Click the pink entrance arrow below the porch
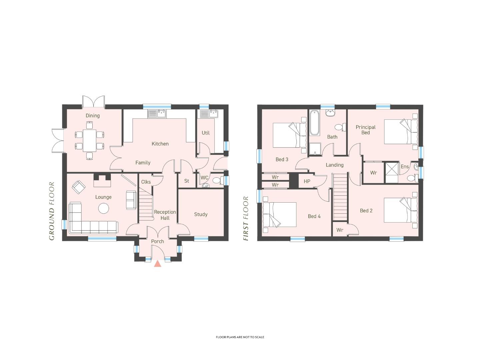pyautogui.click(x=157, y=264)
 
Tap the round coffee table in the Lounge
pyautogui.click(x=103, y=208)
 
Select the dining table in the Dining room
pyautogui.click(x=89, y=140)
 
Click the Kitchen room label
pyautogui.click(x=160, y=144)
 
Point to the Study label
pyautogui.click(x=201, y=214)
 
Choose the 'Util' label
pyautogui.click(x=206, y=133)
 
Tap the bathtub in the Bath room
pyautogui.click(x=314, y=123)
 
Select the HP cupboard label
pyautogui.click(x=307, y=181)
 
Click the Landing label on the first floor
pyautogui.click(x=335, y=165)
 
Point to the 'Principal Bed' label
pyautogui.click(x=365, y=130)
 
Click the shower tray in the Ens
pyautogui.click(x=392, y=172)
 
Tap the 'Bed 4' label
pyautogui.click(x=314, y=216)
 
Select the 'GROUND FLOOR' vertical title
pyautogui.click(x=52, y=211)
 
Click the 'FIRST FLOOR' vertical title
pyautogui.click(x=246, y=218)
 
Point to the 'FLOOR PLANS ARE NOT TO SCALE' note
pyautogui.click(x=240, y=337)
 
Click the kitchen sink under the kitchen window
pyautogui.click(x=157, y=114)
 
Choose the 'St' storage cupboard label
pyautogui.click(x=187, y=181)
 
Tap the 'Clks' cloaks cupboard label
pyautogui.click(x=146, y=182)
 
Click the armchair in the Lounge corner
pyautogui.click(x=79, y=187)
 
